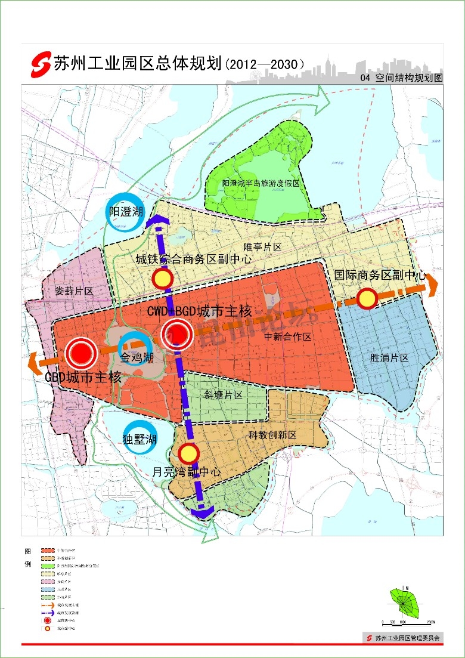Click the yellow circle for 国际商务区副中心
point(367,298)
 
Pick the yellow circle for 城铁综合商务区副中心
point(162,279)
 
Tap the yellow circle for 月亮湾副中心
point(189,454)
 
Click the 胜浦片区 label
point(389,358)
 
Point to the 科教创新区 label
point(272,435)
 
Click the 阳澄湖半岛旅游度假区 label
point(261,183)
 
